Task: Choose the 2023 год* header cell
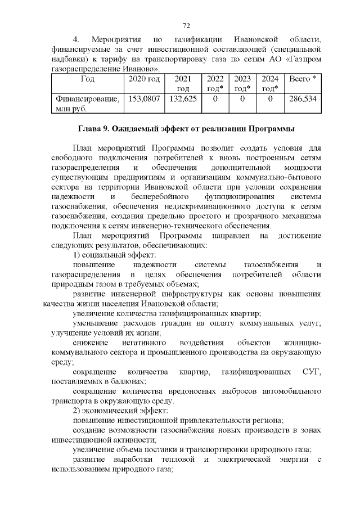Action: (242, 84)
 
